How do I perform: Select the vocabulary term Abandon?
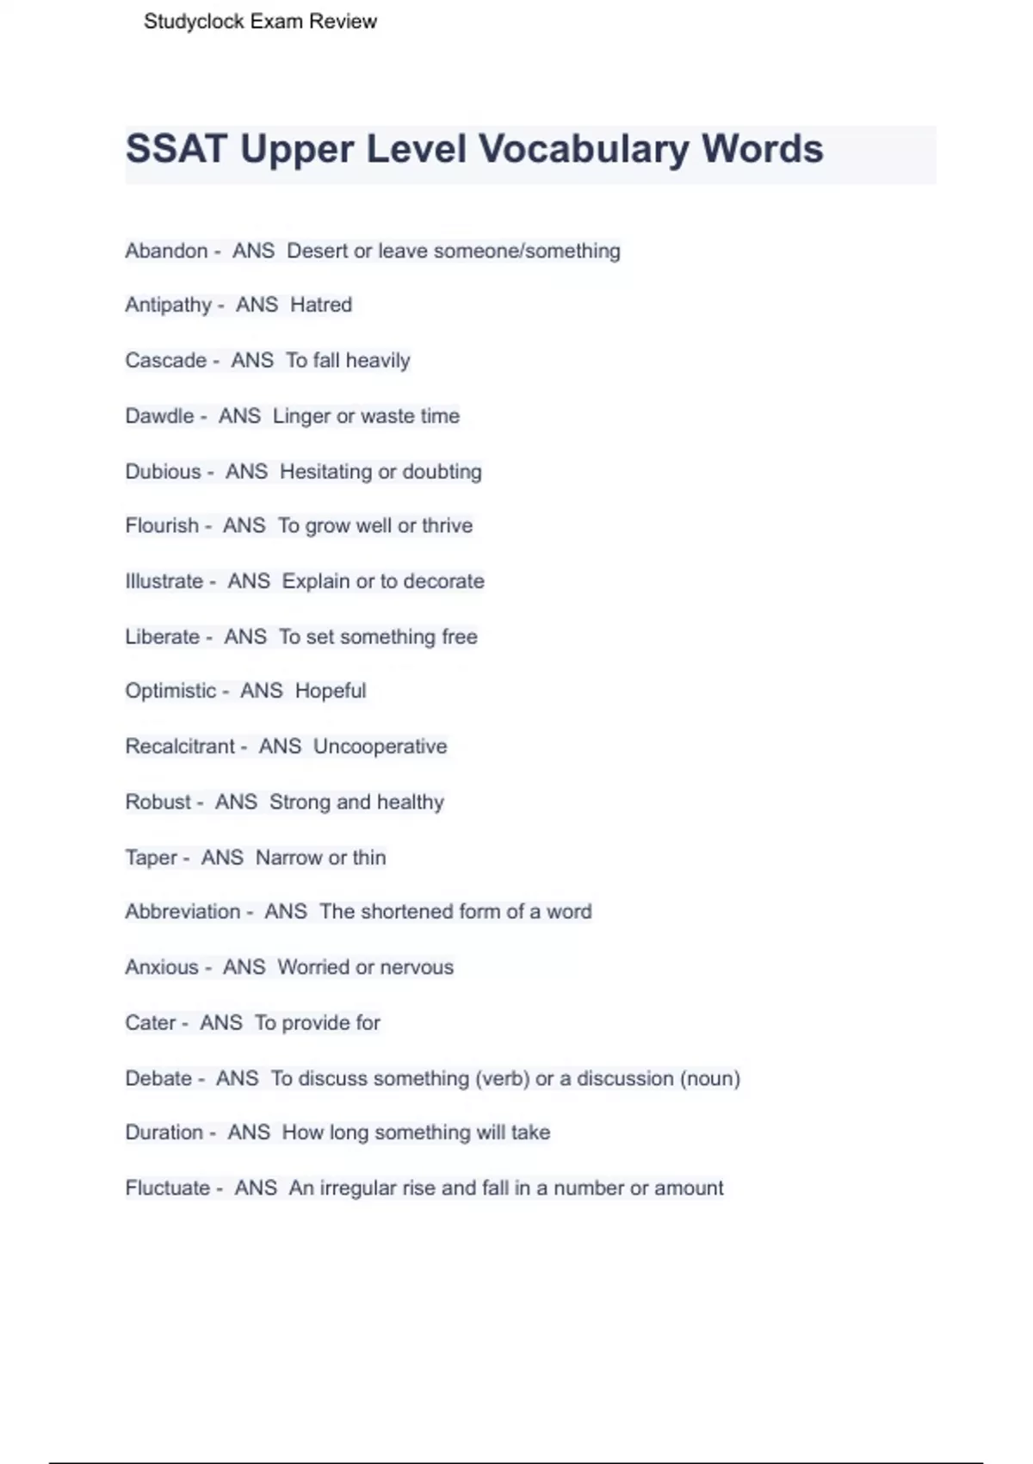tap(166, 251)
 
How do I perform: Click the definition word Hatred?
tap(321, 305)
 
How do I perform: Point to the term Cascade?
tap(165, 360)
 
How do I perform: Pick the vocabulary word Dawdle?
tap(159, 416)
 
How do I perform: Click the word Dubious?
tap(163, 472)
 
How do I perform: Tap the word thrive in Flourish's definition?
tap(447, 525)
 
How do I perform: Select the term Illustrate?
tap(164, 581)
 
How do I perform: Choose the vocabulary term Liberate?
tap(162, 636)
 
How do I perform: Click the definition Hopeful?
tap(331, 691)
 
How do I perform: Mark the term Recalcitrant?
tap(180, 746)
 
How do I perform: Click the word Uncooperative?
tap(380, 746)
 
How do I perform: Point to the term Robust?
tap(158, 802)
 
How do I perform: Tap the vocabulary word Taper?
tap(151, 858)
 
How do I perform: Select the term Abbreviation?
tap(182, 911)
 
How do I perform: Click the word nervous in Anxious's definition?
tap(417, 967)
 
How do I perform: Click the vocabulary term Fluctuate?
tap(167, 1188)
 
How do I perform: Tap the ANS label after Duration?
tap(249, 1132)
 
